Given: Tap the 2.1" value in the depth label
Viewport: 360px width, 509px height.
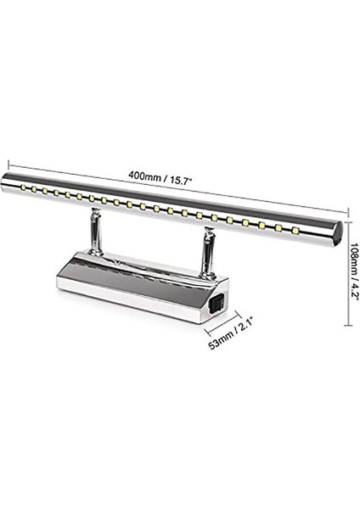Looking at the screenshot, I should [x=240, y=331].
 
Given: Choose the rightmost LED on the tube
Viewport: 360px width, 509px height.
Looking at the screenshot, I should [x=296, y=230].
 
